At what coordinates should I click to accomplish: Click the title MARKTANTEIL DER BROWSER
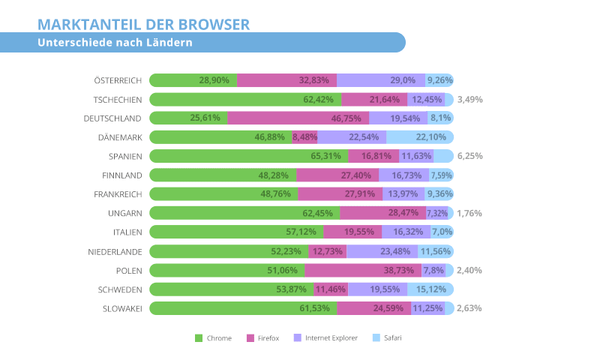pos(144,25)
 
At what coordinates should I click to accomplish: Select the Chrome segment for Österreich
pos(193,80)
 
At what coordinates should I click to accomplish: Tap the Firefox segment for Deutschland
pos(298,118)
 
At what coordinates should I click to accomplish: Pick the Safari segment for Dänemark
pos(420,136)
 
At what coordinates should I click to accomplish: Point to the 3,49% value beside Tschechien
pos(469,99)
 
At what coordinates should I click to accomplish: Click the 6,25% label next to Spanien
pos(469,156)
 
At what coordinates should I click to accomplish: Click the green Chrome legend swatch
pos(199,338)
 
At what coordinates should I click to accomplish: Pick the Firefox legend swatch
pos(250,338)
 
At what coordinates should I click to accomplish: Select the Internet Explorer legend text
pos(331,338)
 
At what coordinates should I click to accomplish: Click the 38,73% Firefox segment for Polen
pos(374,270)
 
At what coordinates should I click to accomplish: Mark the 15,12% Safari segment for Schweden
pos(430,289)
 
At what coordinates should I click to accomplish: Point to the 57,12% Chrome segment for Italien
pos(236,232)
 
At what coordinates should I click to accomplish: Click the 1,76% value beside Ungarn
pos(469,213)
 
